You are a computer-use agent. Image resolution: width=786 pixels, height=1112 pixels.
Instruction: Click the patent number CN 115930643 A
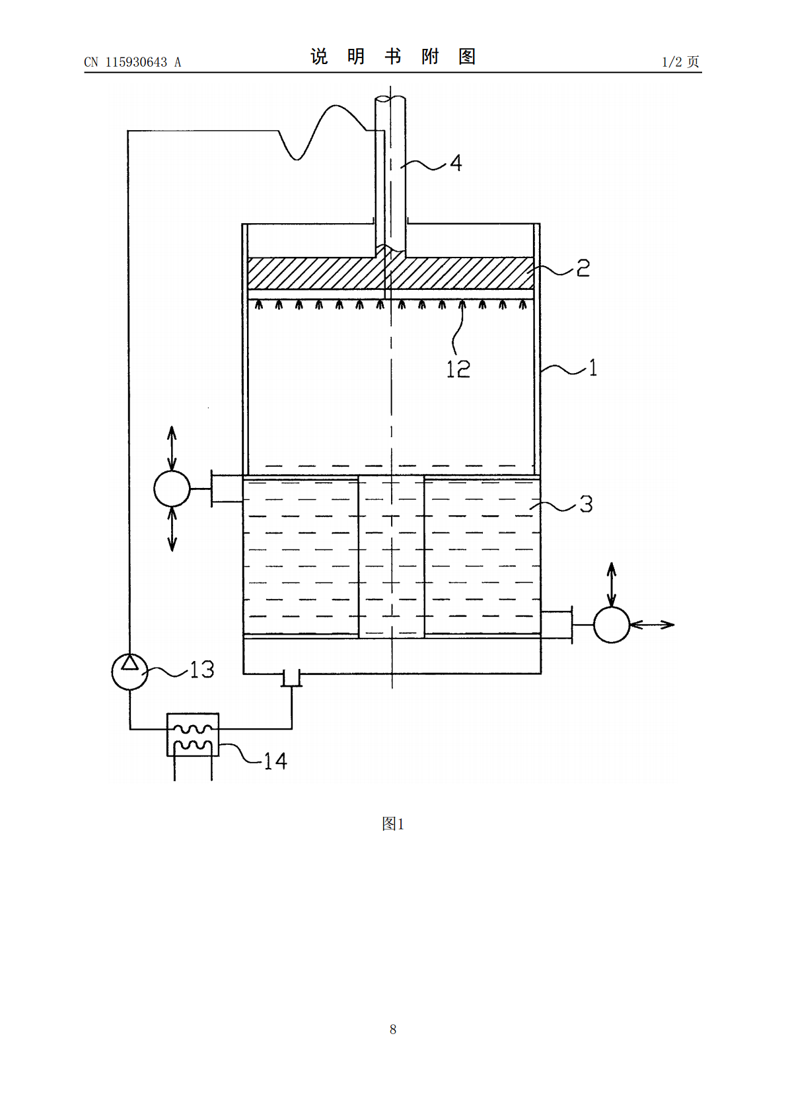[x=133, y=62]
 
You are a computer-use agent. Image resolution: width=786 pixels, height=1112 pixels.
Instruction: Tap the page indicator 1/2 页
[x=680, y=61]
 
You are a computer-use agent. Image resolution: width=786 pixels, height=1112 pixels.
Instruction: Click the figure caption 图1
[x=393, y=823]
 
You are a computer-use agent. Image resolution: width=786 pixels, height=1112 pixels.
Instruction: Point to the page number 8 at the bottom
[x=393, y=1029]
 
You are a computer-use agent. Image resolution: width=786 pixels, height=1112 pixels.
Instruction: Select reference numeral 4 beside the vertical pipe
[x=456, y=163]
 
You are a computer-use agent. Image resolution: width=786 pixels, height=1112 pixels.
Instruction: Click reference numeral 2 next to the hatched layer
[x=583, y=268]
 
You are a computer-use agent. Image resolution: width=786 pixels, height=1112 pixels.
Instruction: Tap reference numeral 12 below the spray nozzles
[x=458, y=369]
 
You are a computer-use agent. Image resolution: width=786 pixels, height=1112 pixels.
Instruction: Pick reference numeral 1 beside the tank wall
[x=592, y=368]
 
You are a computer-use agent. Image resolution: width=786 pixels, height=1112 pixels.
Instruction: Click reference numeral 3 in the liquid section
[x=586, y=504]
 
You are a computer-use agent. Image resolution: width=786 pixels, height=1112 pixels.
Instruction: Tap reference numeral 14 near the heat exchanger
[x=275, y=761]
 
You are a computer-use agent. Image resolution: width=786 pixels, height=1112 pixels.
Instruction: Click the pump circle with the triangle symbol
[x=129, y=672]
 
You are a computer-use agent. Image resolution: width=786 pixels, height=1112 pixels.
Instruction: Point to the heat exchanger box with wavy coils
[x=193, y=735]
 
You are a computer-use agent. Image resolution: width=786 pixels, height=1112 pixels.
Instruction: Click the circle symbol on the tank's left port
[x=172, y=489]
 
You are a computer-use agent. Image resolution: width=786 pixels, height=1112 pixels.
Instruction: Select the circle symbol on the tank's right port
[x=612, y=625]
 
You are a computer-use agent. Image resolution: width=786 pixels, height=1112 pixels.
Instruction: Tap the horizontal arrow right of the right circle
[x=653, y=625]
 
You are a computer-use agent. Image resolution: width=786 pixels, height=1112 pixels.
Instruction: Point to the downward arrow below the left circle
[x=172, y=529]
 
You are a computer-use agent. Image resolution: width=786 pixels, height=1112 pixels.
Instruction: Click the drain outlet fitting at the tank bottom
[x=291, y=678]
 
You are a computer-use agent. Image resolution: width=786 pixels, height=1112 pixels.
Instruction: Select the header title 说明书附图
[x=393, y=57]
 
